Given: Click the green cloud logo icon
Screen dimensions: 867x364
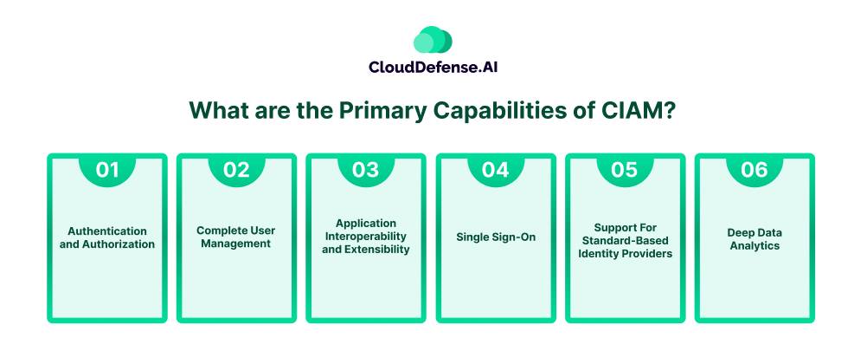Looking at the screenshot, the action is [x=433, y=40].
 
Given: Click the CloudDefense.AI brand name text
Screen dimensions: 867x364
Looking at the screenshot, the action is [x=433, y=67].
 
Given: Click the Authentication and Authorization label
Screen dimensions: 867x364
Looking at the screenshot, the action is [x=107, y=237].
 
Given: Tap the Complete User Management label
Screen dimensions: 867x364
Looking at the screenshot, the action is [x=236, y=237].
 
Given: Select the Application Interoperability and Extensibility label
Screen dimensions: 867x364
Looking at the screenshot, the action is [x=365, y=237].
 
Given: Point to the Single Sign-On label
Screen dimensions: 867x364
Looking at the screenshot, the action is [x=496, y=237].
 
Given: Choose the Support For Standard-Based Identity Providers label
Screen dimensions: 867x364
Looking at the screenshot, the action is [x=624, y=241].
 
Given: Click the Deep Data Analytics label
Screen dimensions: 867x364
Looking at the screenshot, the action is [x=755, y=239].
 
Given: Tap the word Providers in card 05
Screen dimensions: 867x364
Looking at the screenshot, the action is [x=647, y=254].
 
